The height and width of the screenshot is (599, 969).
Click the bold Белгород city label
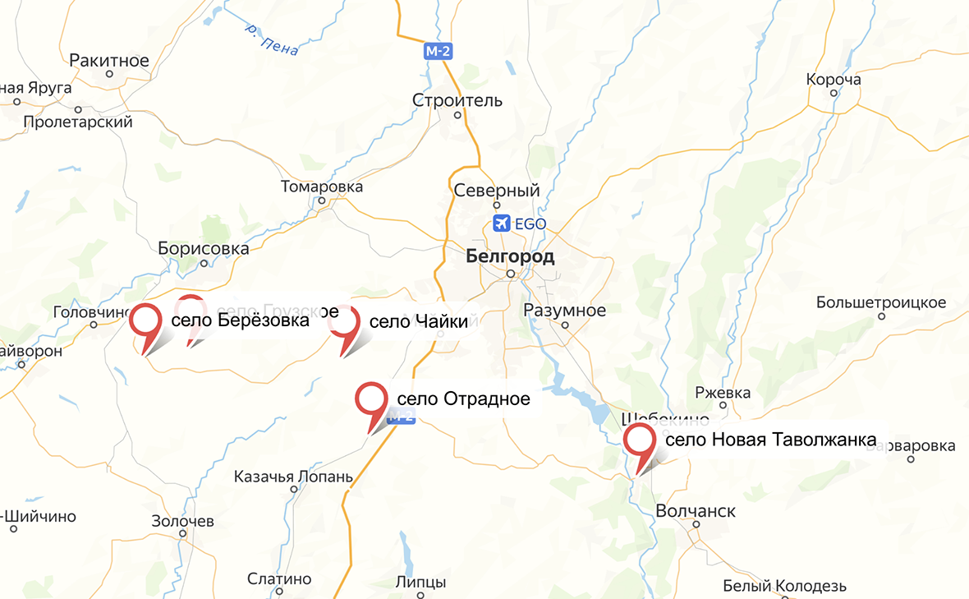tap(510, 256)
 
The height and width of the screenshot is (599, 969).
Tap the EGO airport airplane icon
tap(500, 223)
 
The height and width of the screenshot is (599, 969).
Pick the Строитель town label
tap(457, 101)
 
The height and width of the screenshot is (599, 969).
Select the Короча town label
tap(834, 80)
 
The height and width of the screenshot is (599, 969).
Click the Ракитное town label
tap(109, 61)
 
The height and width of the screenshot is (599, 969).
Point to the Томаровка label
tap(322, 187)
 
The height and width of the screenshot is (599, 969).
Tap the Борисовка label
tap(204, 248)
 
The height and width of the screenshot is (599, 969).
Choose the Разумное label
tap(565, 311)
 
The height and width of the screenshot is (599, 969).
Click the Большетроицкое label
tap(882, 302)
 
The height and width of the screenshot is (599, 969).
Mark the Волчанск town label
tap(696, 511)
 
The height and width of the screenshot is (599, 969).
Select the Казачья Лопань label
tap(293, 477)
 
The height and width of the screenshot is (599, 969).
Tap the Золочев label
tap(182, 521)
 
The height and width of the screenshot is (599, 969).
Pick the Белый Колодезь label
tap(784, 586)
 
